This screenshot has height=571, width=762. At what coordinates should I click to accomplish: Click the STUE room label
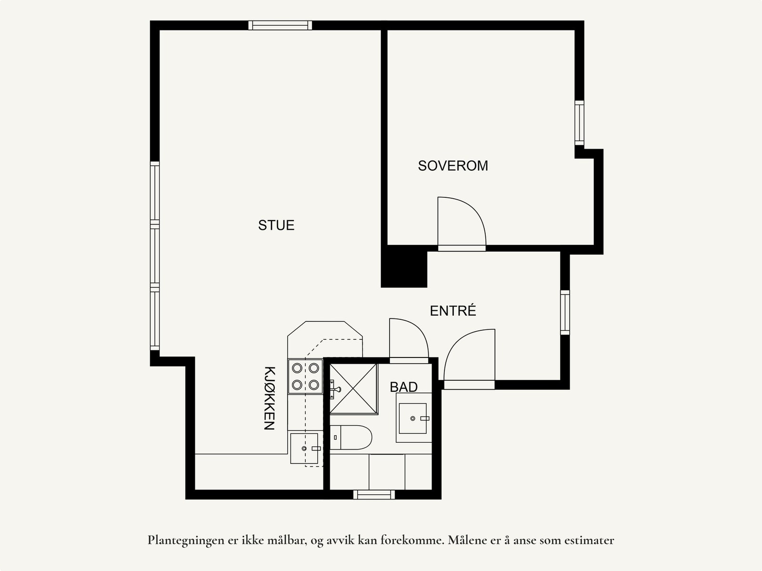point(276,225)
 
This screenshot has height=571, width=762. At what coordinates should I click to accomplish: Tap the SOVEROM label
point(453,166)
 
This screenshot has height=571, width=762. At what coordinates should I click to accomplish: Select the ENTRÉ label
point(453,311)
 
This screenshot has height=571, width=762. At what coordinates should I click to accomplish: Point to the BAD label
point(404,387)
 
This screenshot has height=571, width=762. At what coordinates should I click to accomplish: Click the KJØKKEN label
point(270,398)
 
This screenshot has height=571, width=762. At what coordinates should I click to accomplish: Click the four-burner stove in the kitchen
point(305,376)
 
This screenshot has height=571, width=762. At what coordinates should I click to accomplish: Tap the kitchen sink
point(304,448)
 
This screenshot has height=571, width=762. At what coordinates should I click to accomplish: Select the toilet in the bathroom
point(351,437)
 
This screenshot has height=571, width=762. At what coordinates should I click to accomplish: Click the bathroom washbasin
point(413,418)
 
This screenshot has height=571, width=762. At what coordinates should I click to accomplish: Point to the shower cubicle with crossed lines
point(353,388)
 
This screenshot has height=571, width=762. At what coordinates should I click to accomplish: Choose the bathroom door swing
point(408,339)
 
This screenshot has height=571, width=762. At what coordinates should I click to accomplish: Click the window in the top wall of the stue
point(280,25)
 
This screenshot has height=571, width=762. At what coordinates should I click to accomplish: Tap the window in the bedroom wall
point(579,122)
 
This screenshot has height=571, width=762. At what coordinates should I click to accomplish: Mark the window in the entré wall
point(565,312)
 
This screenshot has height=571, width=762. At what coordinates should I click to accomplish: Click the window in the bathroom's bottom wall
point(374,495)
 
